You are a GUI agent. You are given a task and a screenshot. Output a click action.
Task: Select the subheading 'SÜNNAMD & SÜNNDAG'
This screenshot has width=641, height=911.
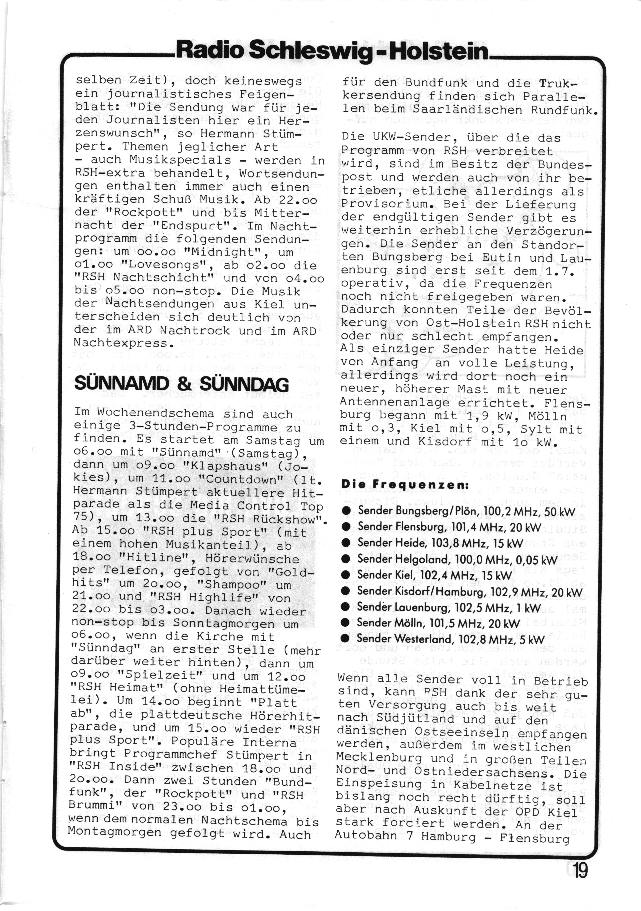pyautogui.click(x=181, y=384)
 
